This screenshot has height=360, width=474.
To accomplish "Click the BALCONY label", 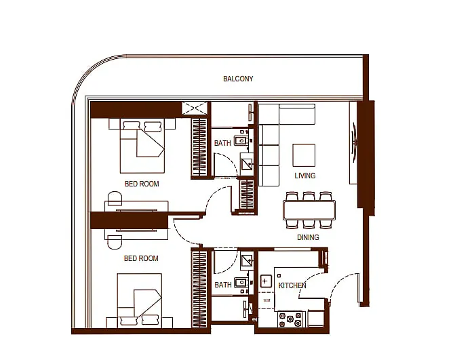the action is click(238, 79).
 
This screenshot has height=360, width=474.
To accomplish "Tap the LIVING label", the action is click(305, 176).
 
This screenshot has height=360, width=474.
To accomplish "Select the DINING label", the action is click(308, 237).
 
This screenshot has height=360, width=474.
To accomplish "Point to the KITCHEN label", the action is click(292, 285).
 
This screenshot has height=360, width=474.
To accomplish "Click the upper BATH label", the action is click(222, 143).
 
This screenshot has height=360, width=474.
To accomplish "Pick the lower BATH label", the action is click(223, 285).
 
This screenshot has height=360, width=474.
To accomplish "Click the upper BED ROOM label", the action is click(142, 184).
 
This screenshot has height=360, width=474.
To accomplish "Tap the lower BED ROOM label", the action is click(141, 258).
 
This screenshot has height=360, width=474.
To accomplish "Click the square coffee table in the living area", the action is click(304, 155).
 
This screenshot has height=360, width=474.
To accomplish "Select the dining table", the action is click(309, 210).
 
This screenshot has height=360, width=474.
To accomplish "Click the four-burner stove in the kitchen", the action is click(290, 319).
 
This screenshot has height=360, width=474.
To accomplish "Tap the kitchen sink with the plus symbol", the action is click(265, 281).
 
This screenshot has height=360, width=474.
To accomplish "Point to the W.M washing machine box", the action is click(266, 301).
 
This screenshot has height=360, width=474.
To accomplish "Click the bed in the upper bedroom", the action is click(142, 146).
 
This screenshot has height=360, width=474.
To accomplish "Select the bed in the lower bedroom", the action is click(140, 300).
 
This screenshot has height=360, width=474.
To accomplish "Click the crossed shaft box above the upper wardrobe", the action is click(195, 108).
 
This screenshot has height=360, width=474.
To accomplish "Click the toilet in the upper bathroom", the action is click(241, 140).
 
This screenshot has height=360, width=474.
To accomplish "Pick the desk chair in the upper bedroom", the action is click(115, 197).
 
